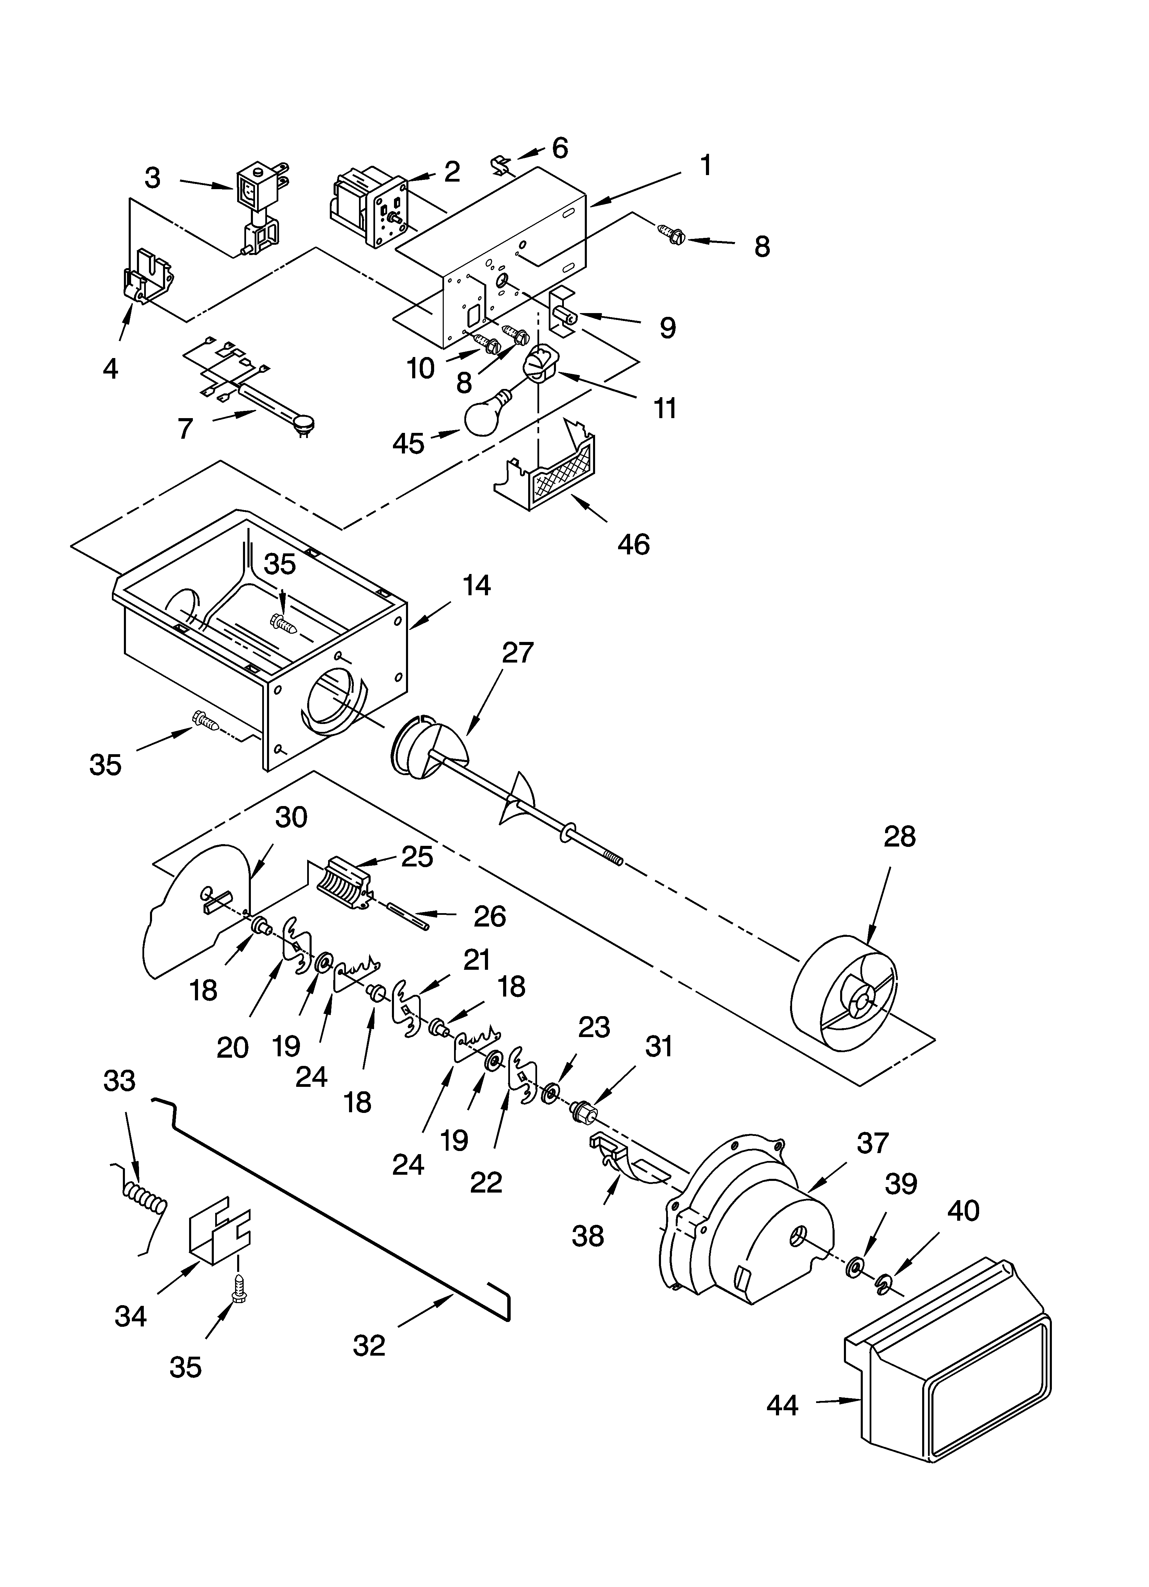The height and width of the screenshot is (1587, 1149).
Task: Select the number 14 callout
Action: point(476,585)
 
